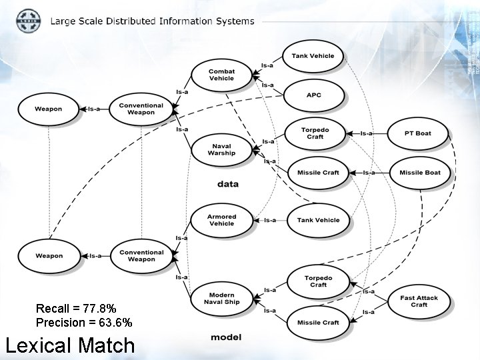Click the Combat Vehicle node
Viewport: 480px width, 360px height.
pos(221,75)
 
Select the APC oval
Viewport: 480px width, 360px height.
pos(313,95)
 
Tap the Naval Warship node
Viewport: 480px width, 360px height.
pos(221,149)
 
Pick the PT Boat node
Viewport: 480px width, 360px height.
pos(418,133)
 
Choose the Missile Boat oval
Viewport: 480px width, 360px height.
pos(419,173)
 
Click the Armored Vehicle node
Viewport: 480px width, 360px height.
pos(221,220)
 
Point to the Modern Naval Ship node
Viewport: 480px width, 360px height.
pos(221,299)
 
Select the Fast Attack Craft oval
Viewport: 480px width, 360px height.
pos(419,301)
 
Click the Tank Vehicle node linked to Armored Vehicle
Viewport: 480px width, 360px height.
pos(318,220)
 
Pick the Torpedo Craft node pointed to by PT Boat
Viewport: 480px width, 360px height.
pos(315,133)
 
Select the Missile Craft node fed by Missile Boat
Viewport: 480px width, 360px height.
pos(317,173)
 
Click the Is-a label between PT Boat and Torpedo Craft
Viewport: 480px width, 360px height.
pos(366,133)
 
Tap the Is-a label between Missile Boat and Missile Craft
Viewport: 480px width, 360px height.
pos(369,173)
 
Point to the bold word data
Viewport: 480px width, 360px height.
pos(227,184)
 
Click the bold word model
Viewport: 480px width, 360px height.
pos(226,337)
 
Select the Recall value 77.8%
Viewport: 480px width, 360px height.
pos(99,309)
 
